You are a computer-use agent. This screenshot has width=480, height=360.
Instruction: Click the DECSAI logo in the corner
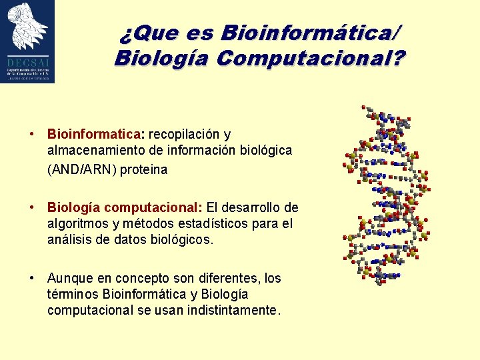[x=27, y=41]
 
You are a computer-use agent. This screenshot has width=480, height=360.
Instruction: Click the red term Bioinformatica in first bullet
[x=85, y=135]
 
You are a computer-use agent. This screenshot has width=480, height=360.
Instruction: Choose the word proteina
[x=144, y=169]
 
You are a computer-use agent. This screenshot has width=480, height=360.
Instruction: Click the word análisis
[x=69, y=239]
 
